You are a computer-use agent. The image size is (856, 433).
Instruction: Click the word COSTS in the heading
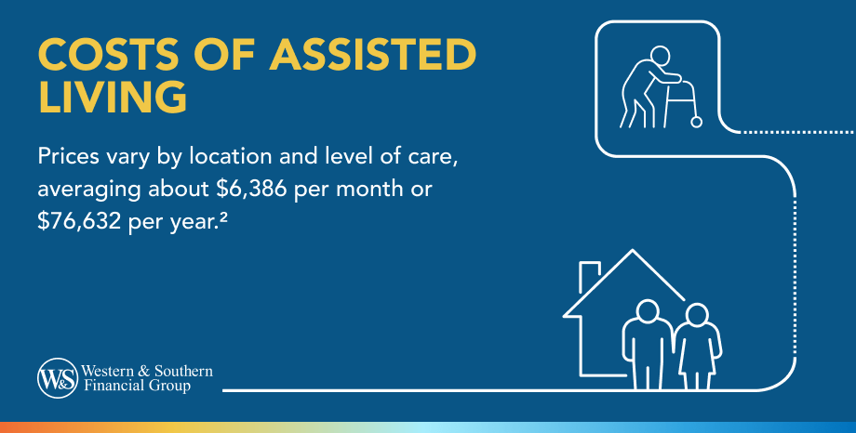(x=108, y=55)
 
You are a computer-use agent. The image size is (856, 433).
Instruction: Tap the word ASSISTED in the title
(x=373, y=55)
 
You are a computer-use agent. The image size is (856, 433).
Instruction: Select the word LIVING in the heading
(x=113, y=97)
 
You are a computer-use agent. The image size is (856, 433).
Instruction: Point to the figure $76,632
(x=79, y=222)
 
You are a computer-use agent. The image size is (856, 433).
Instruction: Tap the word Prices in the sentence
(x=68, y=157)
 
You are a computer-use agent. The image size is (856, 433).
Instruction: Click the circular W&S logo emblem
(x=58, y=378)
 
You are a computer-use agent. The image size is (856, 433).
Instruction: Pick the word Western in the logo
(x=108, y=371)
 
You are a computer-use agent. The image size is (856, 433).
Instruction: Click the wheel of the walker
(x=696, y=122)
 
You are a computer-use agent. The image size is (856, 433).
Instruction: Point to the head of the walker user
(x=660, y=56)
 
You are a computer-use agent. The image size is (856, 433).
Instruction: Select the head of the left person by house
(x=649, y=311)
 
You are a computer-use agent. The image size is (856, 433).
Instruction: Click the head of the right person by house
(x=697, y=315)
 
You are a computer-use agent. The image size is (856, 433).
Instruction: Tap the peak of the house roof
(x=632, y=250)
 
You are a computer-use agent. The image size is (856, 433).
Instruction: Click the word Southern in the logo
(x=183, y=371)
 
